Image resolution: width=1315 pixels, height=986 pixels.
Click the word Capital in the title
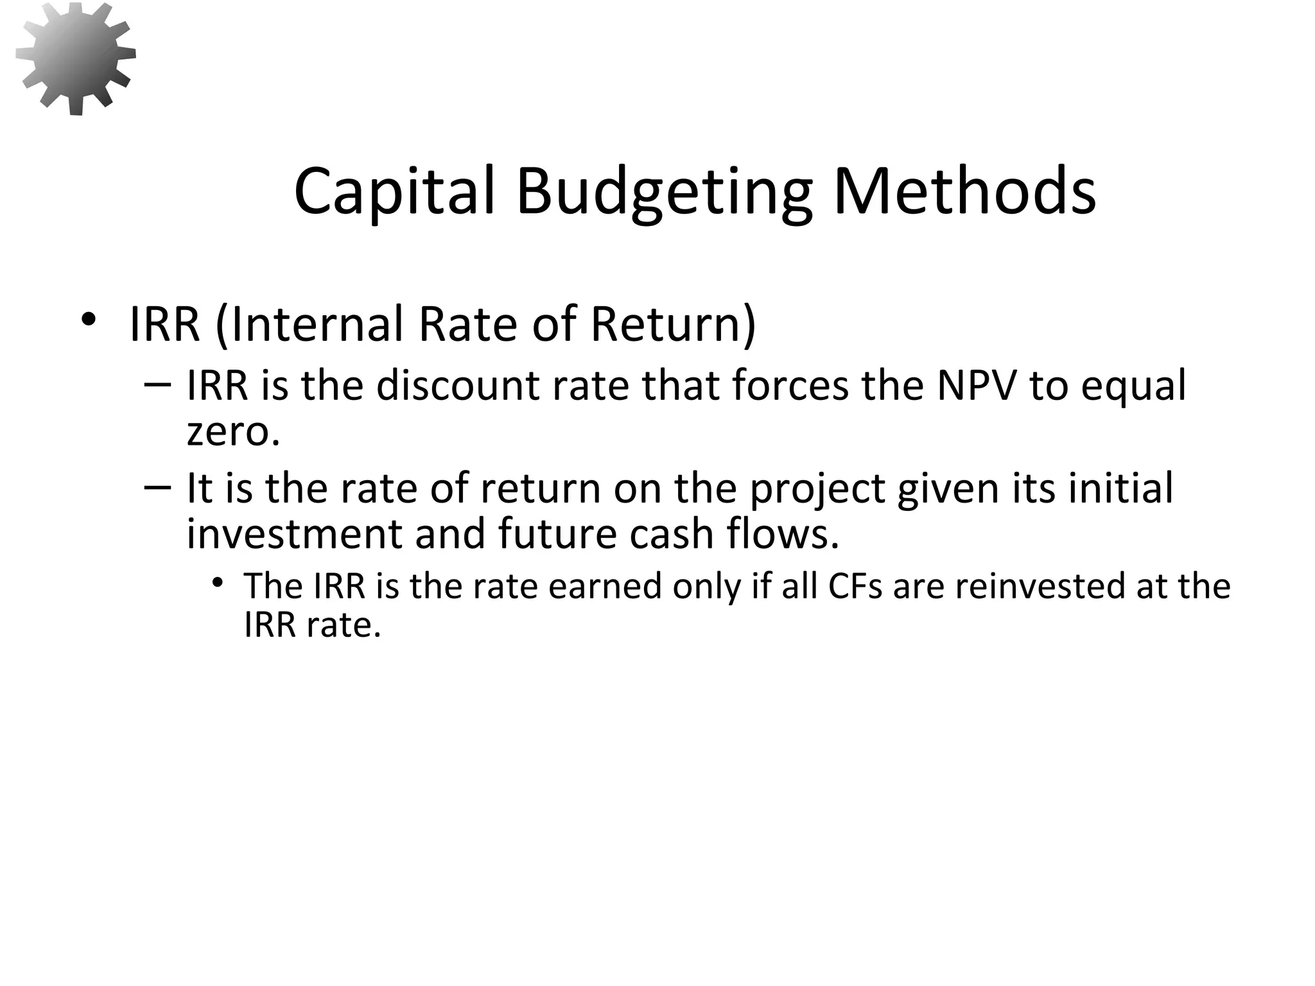point(395,191)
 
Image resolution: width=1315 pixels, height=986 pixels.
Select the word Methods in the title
point(964,191)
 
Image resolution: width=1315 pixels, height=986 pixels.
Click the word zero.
point(233,431)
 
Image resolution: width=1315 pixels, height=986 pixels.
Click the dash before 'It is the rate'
point(157,487)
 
